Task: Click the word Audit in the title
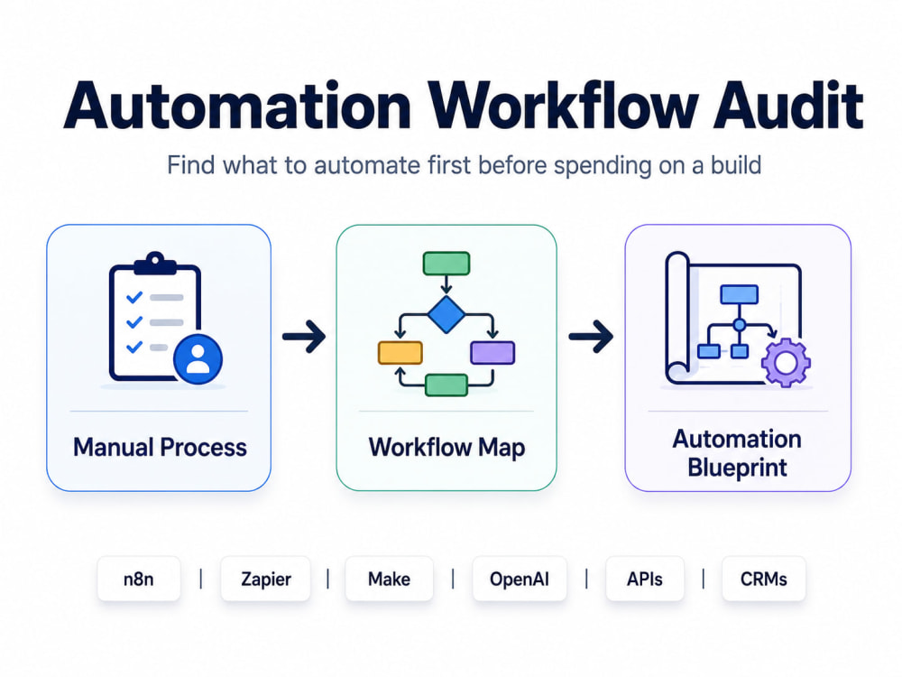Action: click(788, 106)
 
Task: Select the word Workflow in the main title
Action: click(562, 106)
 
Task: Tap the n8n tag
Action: click(139, 579)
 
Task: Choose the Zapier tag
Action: click(266, 579)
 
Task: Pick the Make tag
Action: click(389, 579)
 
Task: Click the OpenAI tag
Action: click(520, 579)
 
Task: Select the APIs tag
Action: click(645, 579)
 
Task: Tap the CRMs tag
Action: click(763, 579)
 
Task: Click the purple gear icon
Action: click(786, 363)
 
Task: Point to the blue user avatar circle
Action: click(198, 359)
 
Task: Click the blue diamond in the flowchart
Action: click(446, 314)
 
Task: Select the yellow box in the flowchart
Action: click(400, 353)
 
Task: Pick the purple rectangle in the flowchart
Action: click(493, 353)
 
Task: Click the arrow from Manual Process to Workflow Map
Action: click(304, 336)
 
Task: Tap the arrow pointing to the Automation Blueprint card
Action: click(592, 336)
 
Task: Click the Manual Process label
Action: click(160, 448)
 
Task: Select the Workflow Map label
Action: click(447, 448)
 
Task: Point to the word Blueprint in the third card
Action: click(738, 468)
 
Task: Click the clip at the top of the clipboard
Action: click(155, 263)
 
